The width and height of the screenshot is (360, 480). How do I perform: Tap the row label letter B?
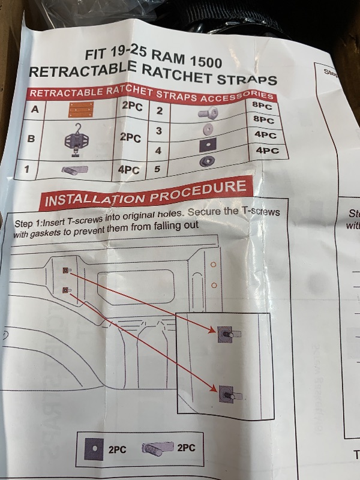pyautogui.click(x=31, y=138)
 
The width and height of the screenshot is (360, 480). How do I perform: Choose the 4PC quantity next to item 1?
pyautogui.click(x=128, y=170)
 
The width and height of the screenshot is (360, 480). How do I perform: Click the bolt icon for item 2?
pyautogui.click(x=208, y=112)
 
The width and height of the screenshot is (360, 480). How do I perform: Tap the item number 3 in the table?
pyautogui.click(x=159, y=131)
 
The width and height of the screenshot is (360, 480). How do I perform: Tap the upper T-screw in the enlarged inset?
pyautogui.click(x=227, y=333)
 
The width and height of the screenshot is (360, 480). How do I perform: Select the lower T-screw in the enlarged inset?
pyautogui.click(x=226, y=393)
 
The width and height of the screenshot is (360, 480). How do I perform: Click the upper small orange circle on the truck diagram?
pyautogui.click(x=213, y=264)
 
